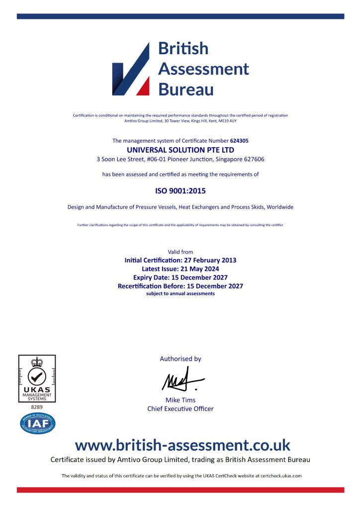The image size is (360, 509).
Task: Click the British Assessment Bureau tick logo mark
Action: pyautogui.click(x=131, y=70)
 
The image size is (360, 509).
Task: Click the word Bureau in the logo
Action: pyautogui.click(x=185, y=89)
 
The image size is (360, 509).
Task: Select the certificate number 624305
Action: pyautogui.click(x=240, y=141)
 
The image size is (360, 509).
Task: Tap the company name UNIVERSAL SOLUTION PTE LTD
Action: pyautogui.click(x=180, y=150)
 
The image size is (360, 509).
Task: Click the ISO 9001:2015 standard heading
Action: pyautogui.click(x=180, y=190)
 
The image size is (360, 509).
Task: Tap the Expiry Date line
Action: pyautogui.click(x=180, y=277)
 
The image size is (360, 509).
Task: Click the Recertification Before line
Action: pyautogui.click(x=180, y=286)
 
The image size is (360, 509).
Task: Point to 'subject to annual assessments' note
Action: pyautogui.click(x=180, y=294)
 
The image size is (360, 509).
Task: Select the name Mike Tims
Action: pyautogui.click(x=180, y=400)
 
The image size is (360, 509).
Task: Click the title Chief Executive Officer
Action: pyautogui.click(x=180, y=409)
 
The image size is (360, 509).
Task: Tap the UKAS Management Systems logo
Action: pyautogui.click(x=37, y=378)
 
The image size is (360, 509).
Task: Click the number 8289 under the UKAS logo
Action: pyautogui.click(x=37, y=407)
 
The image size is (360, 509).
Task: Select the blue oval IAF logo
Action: pyautogui.click(x=38, y=424)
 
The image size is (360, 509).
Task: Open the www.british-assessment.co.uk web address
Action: pyautogui.click(x=182, y=444)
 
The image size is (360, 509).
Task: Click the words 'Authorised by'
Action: pyautogui.click(x=180, y=358)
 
